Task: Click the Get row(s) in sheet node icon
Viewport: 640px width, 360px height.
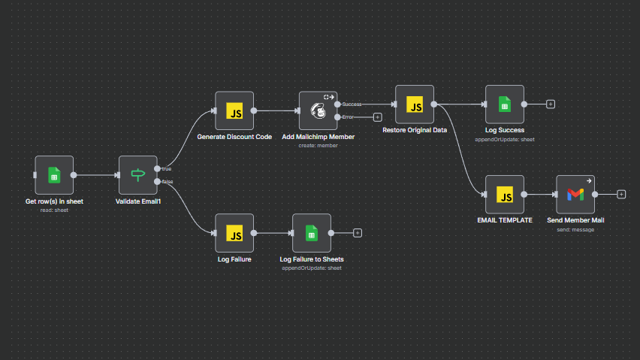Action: (54, 175)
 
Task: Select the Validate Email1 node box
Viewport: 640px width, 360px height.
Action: (138, 175)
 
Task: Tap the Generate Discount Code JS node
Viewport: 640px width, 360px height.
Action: (234, 111)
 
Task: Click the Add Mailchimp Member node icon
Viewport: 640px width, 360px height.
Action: (318, 111)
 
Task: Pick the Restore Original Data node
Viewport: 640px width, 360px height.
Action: (415, 104)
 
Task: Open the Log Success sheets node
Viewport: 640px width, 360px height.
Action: (505, 104)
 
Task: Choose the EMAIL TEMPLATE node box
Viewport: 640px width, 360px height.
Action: (505, 195)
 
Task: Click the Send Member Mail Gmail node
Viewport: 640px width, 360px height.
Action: (575, 195)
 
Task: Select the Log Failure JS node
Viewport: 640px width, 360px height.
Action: (234, 233)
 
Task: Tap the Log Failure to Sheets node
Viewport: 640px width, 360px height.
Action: (311, 233)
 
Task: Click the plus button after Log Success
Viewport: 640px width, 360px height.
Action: (551, 104)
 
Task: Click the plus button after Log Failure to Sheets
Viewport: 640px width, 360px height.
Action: (358, 233)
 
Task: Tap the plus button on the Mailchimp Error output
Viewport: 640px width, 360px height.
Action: (378, 117)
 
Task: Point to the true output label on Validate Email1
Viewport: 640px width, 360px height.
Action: (166, 168)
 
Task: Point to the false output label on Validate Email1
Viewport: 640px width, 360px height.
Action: (167, 182)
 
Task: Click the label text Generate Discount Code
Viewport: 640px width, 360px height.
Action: (234, 138)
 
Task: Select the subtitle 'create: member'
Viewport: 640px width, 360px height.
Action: (318, 146)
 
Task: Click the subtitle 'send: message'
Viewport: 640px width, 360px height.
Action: (575, 229)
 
